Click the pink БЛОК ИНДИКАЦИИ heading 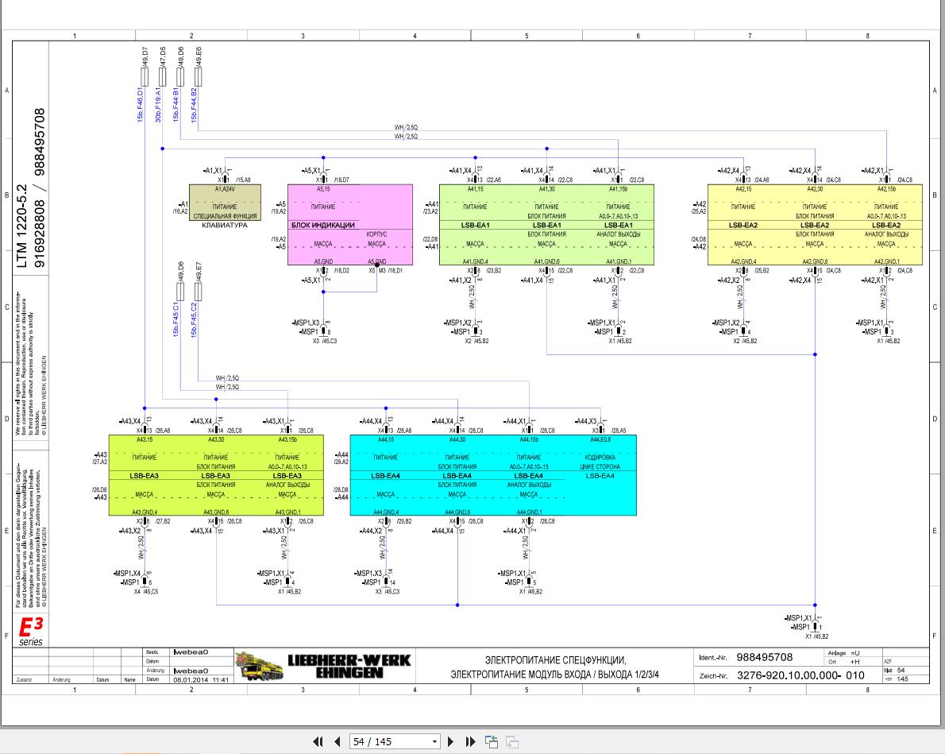tap(323, 225)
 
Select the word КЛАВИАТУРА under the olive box tap(225, 226)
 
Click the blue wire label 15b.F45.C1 tap(176, 320)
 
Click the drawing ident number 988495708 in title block tap(764, 657)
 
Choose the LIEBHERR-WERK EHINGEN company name tap(349, 666)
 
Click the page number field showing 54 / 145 tap(394, 741)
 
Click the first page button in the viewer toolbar tap(318, 741)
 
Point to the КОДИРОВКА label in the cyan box tap(600, 458)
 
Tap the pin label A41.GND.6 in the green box tap(546, 261)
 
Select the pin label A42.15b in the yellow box tap(886, 189)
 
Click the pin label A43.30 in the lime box tap(216, 439)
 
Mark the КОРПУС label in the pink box tap(376, 235)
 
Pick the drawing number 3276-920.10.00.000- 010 tap(800, 675)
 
